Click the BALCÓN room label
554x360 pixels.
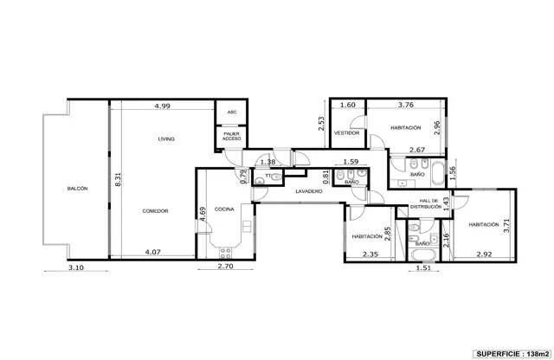(x=77, y=189)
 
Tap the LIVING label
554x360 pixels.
(x=166, y=139)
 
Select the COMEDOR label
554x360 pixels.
(x=155, y=211)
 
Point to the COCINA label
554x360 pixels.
(x=224, y=209)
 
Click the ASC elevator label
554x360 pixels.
(x=232, y=112)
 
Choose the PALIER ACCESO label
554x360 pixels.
(x=232, y=136)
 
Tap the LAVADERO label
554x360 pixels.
(x=309, y=191)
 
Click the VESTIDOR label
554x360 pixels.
(x=346, y=132)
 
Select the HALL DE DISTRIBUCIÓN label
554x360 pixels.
(x=426, y=203)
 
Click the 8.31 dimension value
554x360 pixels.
(x=118, y=179)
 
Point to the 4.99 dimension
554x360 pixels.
(x=163, y=106)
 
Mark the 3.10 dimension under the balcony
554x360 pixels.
(x=76, y=267)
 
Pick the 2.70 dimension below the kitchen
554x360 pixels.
(x=225, y=266)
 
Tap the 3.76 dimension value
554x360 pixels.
(x=406, y=105)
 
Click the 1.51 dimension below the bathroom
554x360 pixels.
(x=423, y=267)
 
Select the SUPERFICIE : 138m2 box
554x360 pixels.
(x=512, y=354)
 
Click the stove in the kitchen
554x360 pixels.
(x=225, y=253)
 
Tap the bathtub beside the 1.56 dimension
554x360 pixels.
(x=438, y=173)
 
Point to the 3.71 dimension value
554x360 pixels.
(x=506, y=225)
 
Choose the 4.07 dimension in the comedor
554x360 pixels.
(x=152, y=252)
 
